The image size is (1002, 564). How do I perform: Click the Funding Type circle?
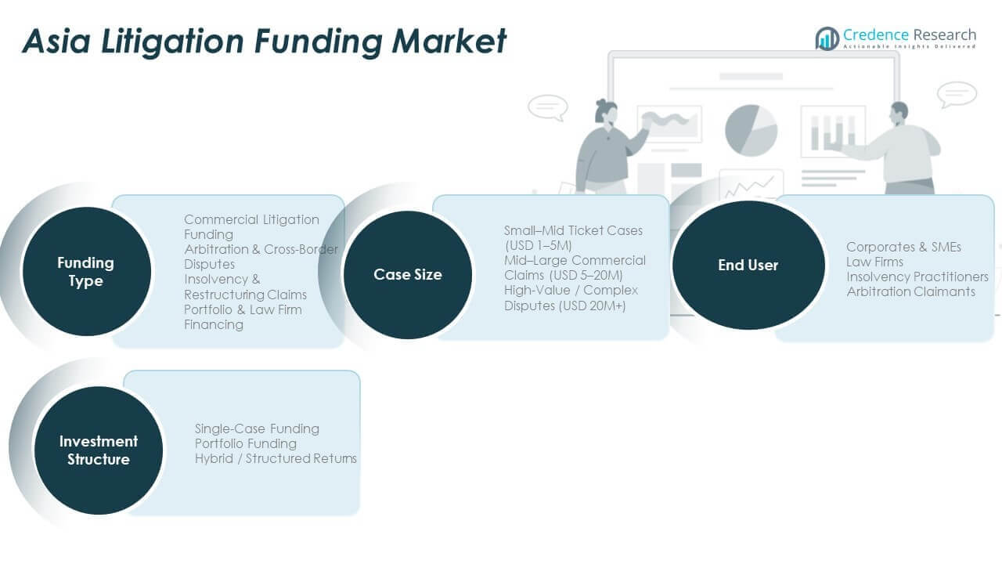[x=86, y=272]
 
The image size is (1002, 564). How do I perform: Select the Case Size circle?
[x=408, y=274]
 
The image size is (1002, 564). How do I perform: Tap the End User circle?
[x=748, y=265]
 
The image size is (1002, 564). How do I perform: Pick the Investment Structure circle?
[x=99, y=450]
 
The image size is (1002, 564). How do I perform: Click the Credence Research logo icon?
[x=827, y=38]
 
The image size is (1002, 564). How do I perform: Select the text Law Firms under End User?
[x=874, y=262]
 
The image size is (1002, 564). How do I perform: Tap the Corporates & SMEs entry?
[x=903, y=247]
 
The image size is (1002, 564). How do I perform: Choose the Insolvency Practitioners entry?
[x=917, y=277]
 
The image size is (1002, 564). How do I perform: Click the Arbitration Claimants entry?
[x=910, y=291]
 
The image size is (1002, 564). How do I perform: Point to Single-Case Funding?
[x=257, y=428]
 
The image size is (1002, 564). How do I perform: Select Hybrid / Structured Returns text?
[x=276, y=458]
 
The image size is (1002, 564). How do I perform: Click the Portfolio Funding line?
[x=246, y=443]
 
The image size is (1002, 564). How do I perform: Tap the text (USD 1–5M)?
[x=538, y=245]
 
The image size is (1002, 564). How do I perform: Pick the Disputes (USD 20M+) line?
[x=564, y=305]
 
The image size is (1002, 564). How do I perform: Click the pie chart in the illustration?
[x=751, y=130]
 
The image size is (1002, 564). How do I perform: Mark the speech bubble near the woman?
[x=547, y=107]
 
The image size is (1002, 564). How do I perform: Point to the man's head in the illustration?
[x=899, y=112]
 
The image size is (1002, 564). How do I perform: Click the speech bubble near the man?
[x=957, y=94]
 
